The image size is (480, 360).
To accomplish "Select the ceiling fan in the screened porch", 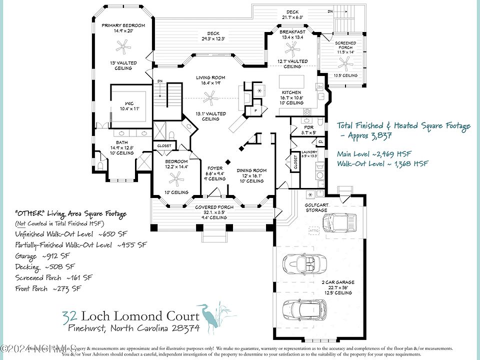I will pos(344,62).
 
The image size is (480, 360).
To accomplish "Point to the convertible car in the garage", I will pos(304,262).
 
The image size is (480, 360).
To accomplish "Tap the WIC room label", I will pos(129,103).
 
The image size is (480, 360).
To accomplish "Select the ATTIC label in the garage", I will pos(314,230).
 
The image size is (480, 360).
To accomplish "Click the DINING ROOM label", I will pos(252,170).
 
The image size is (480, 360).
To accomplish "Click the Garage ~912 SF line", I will pos(44,255).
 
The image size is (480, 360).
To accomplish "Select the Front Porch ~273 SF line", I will pos(48,288).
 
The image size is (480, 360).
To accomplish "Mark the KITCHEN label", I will pos(291,93).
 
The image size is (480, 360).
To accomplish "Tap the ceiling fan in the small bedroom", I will pos(176,178).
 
